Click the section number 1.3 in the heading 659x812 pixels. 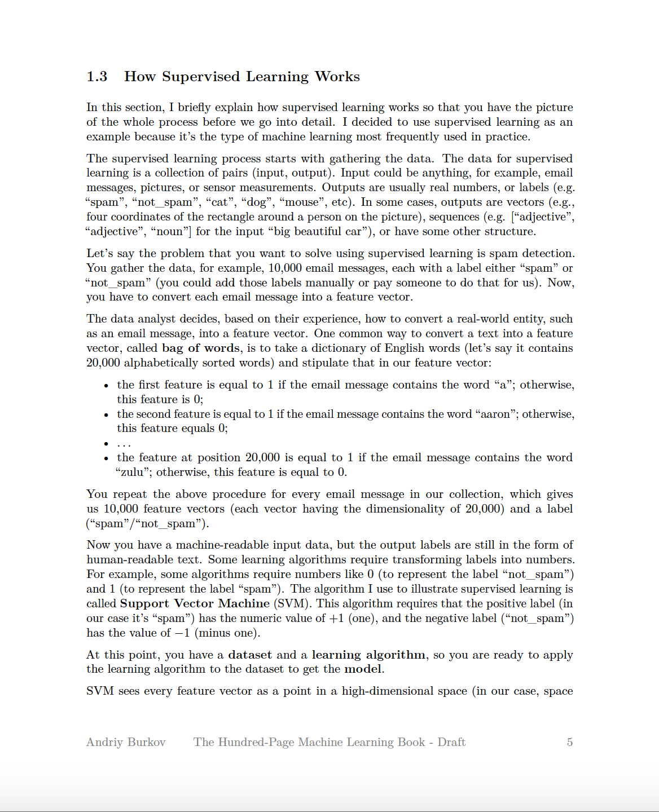[97, 77]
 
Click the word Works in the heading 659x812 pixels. [337, 77]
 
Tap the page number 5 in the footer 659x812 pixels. [569, 742]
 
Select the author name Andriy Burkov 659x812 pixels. [126, 742]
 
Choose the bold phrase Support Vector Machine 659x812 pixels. [195, 603]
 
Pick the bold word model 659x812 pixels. [363, 669]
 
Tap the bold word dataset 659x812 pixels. [250, 655]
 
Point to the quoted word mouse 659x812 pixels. [302, 202]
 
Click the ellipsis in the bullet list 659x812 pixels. [124, 444]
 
